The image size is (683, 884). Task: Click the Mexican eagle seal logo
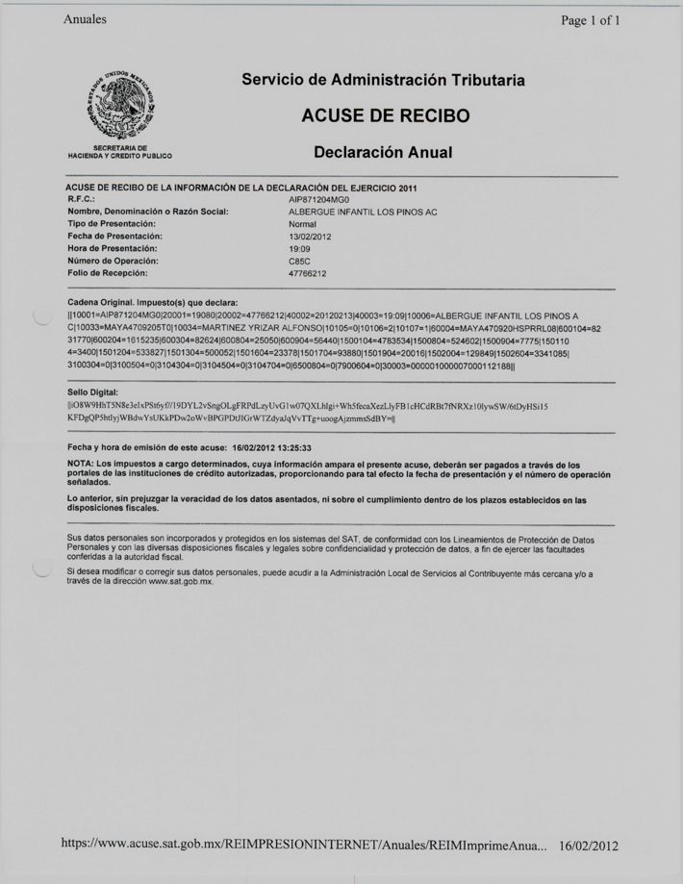point(119,107)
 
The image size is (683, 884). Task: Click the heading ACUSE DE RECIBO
point(385,116)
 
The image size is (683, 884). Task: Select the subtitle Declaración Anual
point(383,152)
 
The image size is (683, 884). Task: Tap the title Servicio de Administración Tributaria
point(384,81)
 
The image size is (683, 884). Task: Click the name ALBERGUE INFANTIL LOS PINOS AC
point(364,211)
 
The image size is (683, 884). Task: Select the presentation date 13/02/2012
point(309,236)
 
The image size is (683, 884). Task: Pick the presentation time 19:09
point(299,248)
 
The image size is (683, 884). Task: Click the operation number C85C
point(298,261)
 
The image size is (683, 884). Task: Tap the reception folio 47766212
point(308,273)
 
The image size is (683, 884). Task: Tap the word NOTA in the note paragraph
point(81,464)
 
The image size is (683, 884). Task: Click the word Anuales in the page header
point(85,18)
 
